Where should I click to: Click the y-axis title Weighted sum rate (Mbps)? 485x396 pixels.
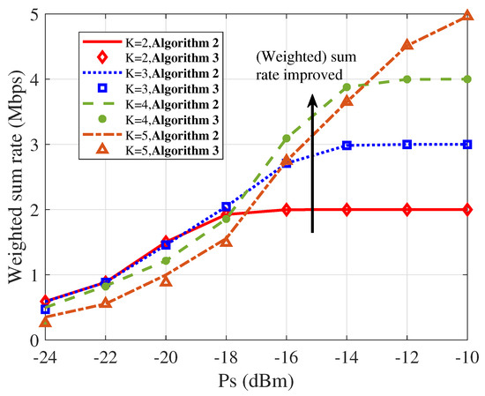click(15, 177)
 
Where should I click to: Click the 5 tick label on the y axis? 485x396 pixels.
click(33, 15)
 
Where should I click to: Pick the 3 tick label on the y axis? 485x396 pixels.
click(33, 145)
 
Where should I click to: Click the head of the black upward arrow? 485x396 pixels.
click(312, 101)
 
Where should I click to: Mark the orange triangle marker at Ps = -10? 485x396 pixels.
click(466, 15)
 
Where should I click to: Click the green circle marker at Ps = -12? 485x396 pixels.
click(407, 79)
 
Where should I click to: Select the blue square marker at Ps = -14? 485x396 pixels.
click(347, 145)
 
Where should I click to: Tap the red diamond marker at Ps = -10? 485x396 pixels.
click(466, 209)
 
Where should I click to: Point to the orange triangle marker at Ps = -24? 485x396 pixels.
click(45, 322)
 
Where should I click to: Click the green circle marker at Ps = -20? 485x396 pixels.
click(166, 260)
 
